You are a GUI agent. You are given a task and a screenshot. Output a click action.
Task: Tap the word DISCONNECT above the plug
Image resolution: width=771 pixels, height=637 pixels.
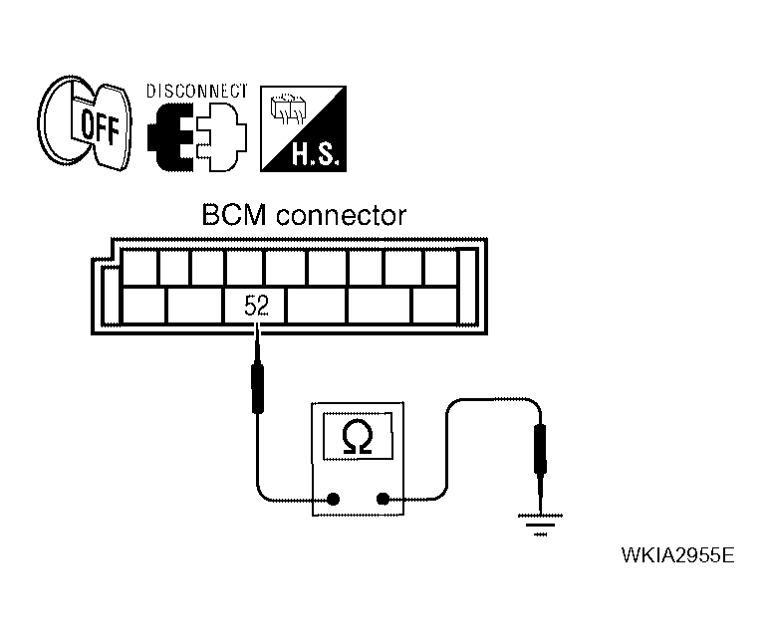(x=196, y=91)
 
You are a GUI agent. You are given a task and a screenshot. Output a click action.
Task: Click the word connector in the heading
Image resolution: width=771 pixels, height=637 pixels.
(x=341, y=216)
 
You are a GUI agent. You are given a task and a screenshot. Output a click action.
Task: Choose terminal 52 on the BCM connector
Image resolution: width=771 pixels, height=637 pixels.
(x=256, y=307)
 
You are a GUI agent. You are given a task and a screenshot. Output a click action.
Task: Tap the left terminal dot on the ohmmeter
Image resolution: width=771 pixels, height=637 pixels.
(x=333, y=500)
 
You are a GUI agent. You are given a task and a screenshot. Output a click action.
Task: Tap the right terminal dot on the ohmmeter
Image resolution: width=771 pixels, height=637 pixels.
(x=383, y=500)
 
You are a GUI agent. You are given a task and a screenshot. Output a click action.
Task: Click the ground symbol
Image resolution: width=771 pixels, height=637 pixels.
(x=541, y=522)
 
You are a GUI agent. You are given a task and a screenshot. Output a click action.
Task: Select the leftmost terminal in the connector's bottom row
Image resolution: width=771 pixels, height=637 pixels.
(x=141, y=307)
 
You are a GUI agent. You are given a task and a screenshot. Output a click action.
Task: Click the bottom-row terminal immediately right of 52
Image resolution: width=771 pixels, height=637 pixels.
(x=317, y=307)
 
